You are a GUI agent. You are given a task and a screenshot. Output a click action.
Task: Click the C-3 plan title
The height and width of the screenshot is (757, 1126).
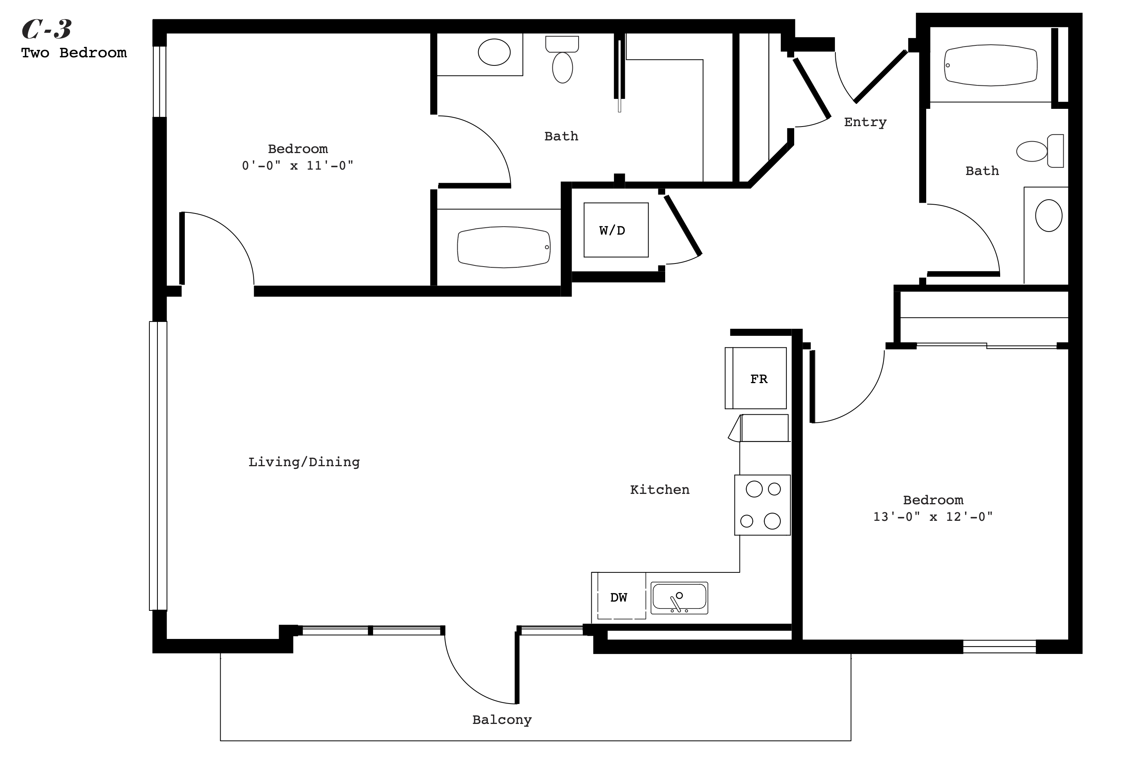coord(47,30)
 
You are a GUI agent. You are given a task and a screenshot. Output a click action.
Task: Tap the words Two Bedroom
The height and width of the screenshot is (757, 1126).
coord(74,53)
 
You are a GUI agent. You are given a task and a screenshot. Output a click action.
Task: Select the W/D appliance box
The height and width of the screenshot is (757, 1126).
coord(616,230)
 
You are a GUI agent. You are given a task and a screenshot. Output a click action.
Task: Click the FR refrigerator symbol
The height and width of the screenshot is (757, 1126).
coord(756,378)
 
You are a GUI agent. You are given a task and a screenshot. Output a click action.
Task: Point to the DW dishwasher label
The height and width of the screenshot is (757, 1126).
coord(618,598)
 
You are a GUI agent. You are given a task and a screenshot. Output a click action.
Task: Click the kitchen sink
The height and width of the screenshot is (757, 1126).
coord(679,598)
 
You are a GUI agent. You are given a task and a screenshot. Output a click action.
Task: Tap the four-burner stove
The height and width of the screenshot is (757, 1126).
coord(762,505)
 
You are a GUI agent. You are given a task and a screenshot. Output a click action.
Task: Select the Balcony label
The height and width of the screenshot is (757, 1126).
coord(502,720)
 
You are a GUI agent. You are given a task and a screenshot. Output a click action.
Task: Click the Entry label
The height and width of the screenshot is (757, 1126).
coord(865,123)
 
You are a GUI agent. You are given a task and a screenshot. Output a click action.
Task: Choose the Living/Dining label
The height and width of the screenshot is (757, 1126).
coord(304,462)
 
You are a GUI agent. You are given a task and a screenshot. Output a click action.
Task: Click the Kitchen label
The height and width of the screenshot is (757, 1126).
coord(660,490)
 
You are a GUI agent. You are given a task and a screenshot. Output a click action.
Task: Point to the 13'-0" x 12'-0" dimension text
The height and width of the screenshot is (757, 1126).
coord(933,517)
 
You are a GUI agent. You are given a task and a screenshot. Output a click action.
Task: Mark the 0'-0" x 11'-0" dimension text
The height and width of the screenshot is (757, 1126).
coord(298,165)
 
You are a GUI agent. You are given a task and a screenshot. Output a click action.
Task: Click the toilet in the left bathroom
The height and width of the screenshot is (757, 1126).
coord(562,59)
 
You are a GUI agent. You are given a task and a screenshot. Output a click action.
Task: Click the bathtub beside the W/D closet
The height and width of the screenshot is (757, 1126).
coord(504,247)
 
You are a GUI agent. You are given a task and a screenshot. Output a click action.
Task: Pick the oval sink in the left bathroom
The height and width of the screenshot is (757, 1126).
coord(494,52)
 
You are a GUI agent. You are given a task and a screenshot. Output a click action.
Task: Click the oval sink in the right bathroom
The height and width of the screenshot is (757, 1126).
coord(1049,215)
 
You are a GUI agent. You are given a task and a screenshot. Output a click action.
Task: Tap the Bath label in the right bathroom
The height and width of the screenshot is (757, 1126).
coord(982,171)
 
